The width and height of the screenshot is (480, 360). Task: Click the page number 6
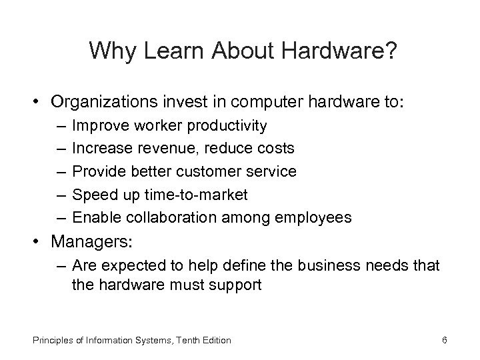(x=444, y=341)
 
